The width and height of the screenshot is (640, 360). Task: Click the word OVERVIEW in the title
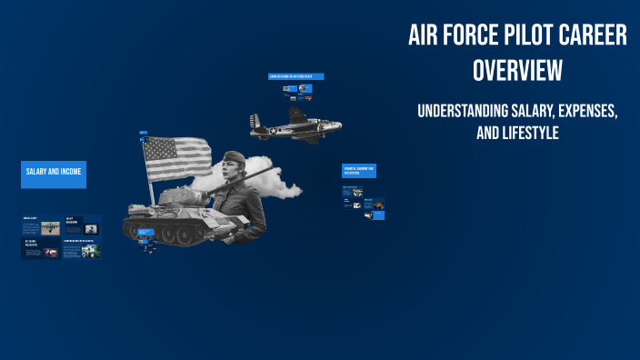516,70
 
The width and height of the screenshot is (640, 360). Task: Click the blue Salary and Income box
54,174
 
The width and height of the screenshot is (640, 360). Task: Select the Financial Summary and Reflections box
359,171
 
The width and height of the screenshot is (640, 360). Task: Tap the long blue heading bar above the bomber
296,76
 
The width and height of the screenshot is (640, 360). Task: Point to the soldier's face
228,173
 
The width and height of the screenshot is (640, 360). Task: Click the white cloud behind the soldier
281,189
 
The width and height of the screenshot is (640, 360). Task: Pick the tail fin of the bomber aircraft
255,121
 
